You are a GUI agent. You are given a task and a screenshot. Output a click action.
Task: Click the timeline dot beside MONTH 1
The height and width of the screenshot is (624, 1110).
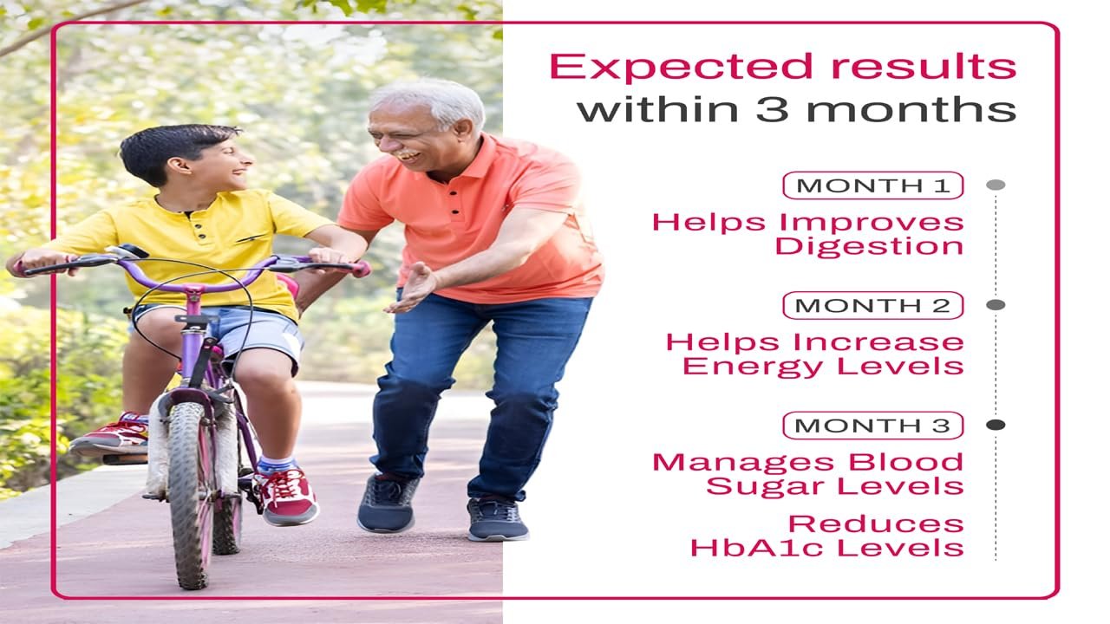[996, 185]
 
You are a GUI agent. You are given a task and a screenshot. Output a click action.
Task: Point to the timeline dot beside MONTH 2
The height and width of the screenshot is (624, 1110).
[996, 304]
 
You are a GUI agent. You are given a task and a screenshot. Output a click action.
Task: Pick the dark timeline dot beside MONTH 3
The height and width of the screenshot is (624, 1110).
[996, 425]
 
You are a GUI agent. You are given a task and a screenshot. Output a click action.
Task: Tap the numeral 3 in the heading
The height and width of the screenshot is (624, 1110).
[772, 109]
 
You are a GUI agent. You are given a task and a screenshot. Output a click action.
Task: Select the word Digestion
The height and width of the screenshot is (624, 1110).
[869, 247]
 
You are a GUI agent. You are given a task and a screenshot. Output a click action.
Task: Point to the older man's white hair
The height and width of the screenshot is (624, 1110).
[432, 102]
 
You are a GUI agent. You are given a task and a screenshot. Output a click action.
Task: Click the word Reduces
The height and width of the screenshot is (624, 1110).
[876, 523]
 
